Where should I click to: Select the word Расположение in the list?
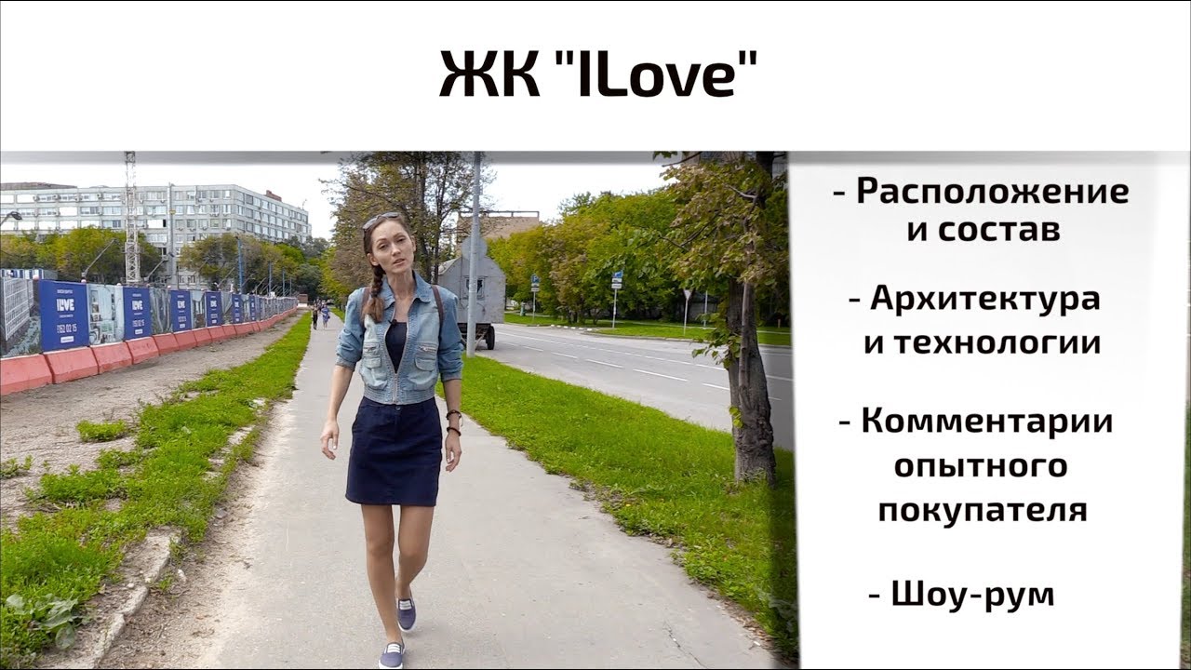[993, 193]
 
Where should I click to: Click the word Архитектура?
[985, 300]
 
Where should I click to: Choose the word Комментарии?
[987, 421]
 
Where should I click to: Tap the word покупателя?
[983, 510]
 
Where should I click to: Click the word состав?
[997, 231]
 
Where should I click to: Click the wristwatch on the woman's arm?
[454, 420]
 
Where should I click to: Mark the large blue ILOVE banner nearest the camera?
[63, 314]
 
